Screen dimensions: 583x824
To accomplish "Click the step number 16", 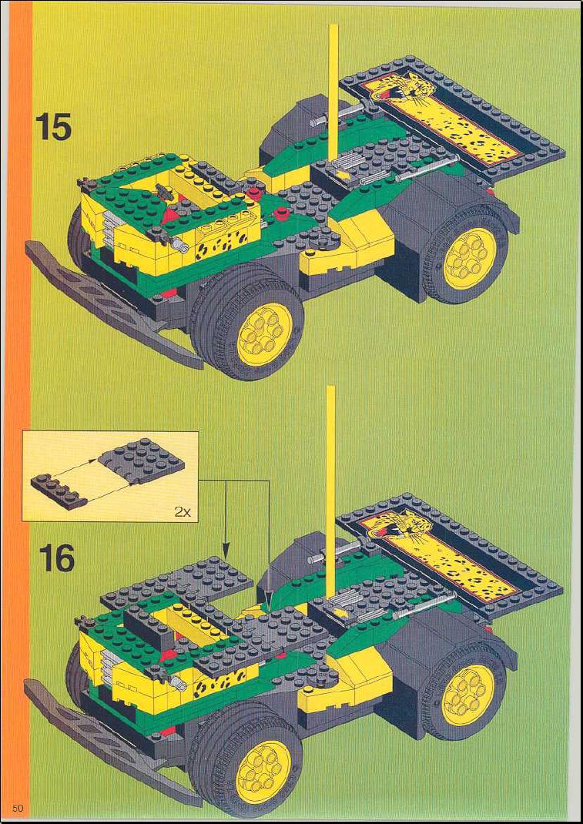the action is pyautogui.click(x=55, y=559).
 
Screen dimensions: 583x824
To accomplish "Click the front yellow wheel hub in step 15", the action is pyautogui.click(x=265, y=334).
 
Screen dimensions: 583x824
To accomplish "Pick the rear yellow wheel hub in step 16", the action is pyautogui.click(x=467, y=694).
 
